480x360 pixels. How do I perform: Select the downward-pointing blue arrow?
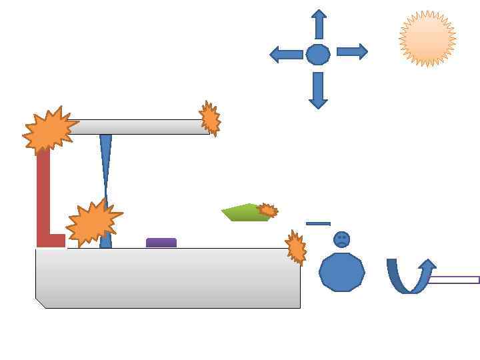click(x=318, y=91)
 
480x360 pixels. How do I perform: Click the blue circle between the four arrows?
click(x=318, y=54)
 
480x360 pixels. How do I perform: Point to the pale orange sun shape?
click(x=427, y=39)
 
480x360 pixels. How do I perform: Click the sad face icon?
click(x=341, y=239)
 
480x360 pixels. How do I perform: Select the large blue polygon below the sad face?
click(x=342, y=272)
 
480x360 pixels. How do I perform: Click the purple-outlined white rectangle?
click(x=453, y=280)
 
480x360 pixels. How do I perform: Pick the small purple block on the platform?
click(x=161, y=243)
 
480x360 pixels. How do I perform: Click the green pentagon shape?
click(x=243, y=213)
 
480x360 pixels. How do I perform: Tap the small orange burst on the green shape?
click(x=267, y=211)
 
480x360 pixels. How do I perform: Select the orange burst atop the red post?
click(x=49, y=131)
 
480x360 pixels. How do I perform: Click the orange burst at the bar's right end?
click(x=210, y=119)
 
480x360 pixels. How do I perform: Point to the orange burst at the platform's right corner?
click(x=296, y=248)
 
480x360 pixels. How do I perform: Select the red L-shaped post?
click(x=44, y=200)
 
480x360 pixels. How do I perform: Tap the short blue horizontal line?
click(x=318, y=224)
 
